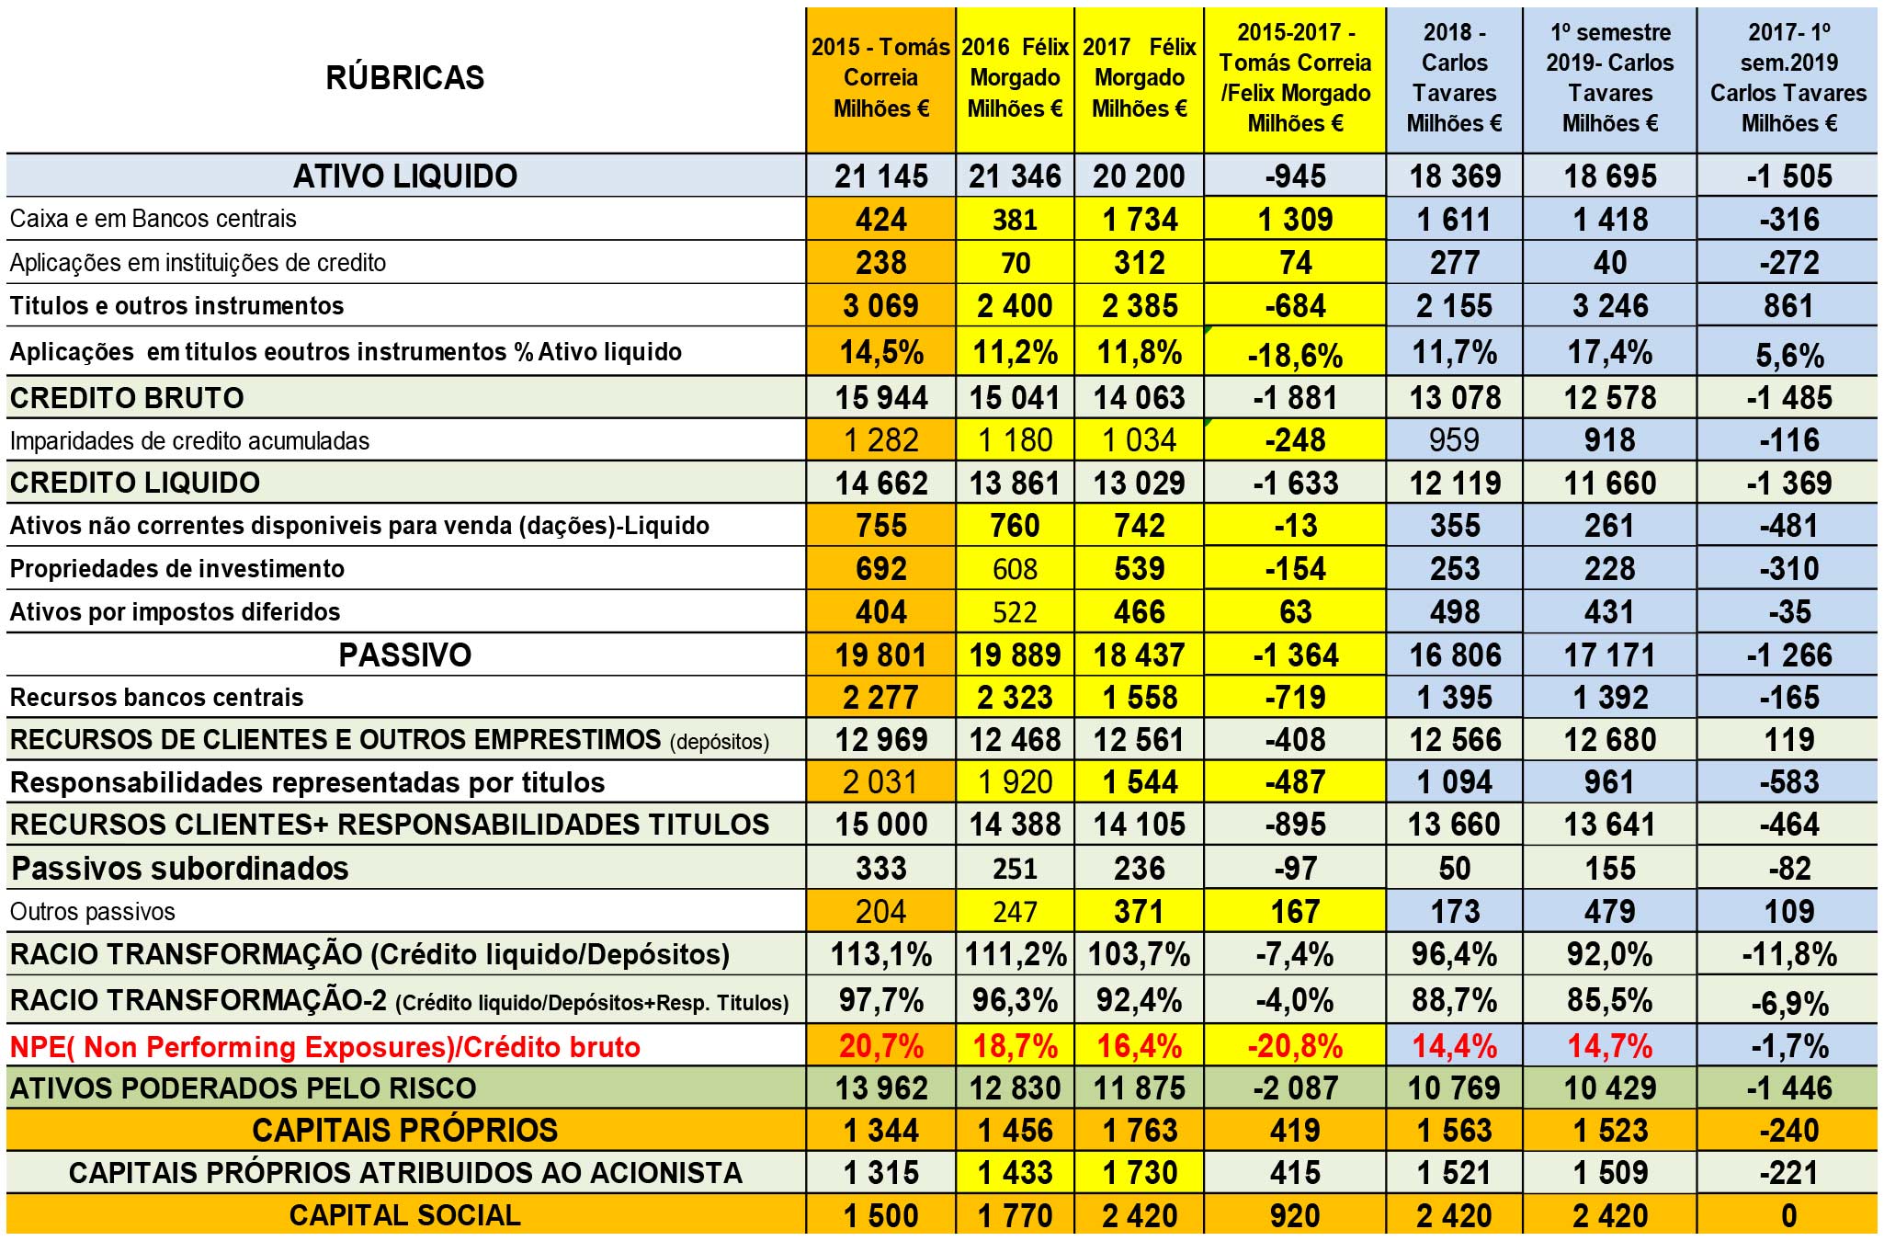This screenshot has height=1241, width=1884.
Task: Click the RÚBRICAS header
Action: click(x=405, y=77)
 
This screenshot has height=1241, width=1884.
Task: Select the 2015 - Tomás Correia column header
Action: click(x=880, y=77)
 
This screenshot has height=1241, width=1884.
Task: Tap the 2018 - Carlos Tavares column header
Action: click(x=1454, y=77)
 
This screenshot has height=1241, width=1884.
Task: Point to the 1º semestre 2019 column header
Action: click(x=1610, y=77)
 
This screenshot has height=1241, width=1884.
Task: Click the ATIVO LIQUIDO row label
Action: click(x=405, y=176)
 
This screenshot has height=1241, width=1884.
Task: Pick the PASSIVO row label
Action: click(x=405, y=655)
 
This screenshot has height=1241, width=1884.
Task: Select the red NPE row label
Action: click(x=325, y=1046)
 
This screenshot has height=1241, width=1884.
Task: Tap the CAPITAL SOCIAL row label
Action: click(x=405, y=1215)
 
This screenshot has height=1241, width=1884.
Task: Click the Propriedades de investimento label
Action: click(x=177, y=569)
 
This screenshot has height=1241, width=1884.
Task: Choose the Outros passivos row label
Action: click(x=93, y=912)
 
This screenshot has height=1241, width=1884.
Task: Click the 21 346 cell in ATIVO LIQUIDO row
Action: click(x=1015, y=176)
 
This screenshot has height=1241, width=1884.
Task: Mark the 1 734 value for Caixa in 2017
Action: click(x=1140, y=220)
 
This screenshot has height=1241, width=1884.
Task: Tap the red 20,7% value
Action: click(x=880, y=1046)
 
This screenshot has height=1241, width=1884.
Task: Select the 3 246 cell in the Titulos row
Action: click(x=1610, y=306)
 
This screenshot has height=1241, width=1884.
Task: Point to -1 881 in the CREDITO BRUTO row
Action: click(x=1295, y=398)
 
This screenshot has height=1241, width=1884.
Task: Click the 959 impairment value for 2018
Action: click(x=1454, y=440)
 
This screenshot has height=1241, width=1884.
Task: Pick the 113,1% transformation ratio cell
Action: click(x=880, y=954)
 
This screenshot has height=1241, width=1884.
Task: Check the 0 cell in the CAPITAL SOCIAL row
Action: click(x=1788, y=1215)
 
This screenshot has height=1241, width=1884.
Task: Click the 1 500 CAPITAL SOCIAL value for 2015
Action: click(x=880, y=1215)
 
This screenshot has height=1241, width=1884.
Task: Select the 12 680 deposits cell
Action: click(x=1610, y=740)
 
